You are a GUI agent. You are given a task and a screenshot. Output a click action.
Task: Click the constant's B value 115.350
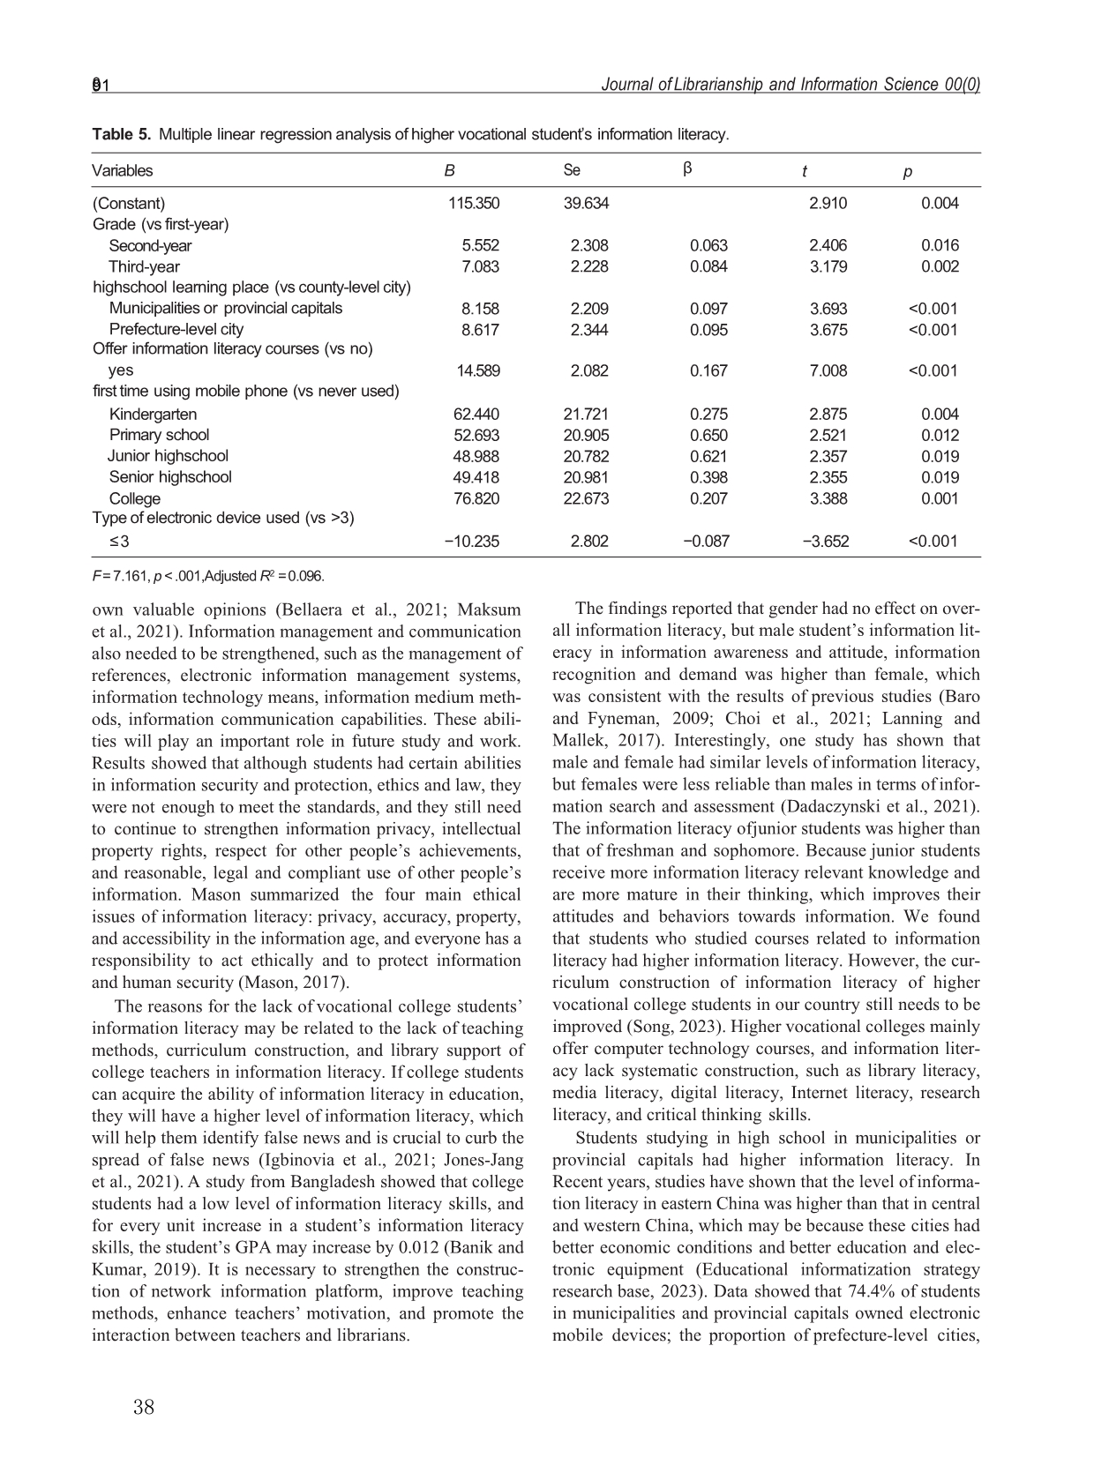[474, 204]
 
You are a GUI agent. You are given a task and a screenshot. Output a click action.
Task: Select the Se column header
[572, 170]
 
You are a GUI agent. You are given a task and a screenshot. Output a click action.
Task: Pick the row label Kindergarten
[153, 414]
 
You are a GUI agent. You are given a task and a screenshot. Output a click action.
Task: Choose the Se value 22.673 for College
[586, 498]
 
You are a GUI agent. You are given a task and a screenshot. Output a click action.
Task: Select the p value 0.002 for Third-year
[940, 267]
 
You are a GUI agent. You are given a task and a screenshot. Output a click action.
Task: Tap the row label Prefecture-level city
[176, 329]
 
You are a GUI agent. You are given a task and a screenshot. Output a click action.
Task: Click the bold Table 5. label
[121, 135]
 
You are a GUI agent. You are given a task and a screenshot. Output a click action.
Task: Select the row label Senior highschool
[170, 477]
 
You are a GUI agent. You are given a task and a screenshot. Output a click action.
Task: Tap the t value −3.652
[826, 541]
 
